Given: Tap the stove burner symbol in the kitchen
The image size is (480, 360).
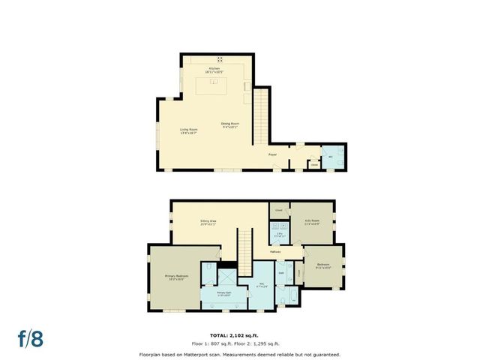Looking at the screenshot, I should coord(220,58).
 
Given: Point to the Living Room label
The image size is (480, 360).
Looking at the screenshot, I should coord(189,131).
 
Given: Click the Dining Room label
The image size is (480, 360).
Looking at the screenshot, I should coord(229,125).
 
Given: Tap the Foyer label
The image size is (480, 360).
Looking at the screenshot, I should coord(273,155).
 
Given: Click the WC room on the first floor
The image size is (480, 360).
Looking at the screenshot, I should coord(331,156).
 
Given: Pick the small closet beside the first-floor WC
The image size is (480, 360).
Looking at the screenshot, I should coord(314,163).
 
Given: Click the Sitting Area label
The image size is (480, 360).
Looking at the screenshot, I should coord(208,222).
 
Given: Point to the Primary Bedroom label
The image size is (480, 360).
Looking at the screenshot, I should coord(175,278).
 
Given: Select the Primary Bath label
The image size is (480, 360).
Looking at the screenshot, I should coord(223,293).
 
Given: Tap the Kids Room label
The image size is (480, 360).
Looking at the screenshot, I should coord(311,222).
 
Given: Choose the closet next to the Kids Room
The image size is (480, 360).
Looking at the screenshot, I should coord(279,211).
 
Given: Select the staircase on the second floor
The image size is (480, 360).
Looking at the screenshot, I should coord(246,250).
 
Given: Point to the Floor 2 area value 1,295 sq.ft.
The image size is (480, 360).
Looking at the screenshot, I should coord(268,343).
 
